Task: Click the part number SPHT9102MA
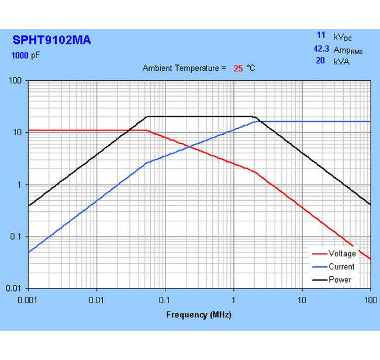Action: pyautogui.click(x=51, y=41)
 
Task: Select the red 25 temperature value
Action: pyautogui.click(x=238, y=68)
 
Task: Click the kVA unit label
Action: pyautogui.click(x=342, y=61)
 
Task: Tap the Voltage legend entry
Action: pyautogui.click(x=342, y=253)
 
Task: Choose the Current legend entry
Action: pyautogui.click(x=341, y=266)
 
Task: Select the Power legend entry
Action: pyautogui.click(x=340, y=279)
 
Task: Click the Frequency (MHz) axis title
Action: pyautogui.click(x=199, y=314)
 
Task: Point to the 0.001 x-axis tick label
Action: pyautogui.click(x=28, y=299)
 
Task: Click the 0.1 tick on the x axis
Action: pyautogui.click(x=165, y=299)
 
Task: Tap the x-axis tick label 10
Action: pyautogui.click(x=302, y=299)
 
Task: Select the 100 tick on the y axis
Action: pyautogui.click(x=16, y=80)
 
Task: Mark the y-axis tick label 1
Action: pyautogui.click(x=20, y=184)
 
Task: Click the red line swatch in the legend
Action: pyautogui.click(x=319, y=254)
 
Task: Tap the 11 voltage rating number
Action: pyautogui.click(x=321, y=36)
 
